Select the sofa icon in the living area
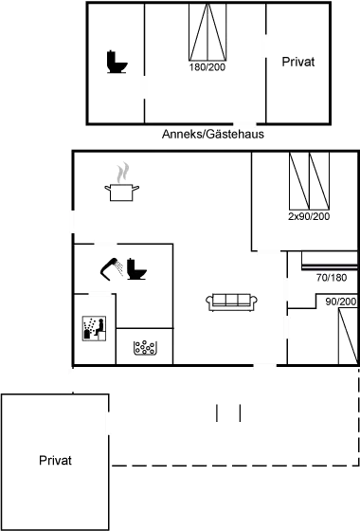point(232,302)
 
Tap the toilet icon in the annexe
point(116,63)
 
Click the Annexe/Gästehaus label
point(213,135)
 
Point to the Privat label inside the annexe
point(297,63)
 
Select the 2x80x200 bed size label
point(307,217)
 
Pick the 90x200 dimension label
point(339,302)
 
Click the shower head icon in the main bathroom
point(110,269)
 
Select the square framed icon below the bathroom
point(94,328)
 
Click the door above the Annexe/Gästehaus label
point(245,123)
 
